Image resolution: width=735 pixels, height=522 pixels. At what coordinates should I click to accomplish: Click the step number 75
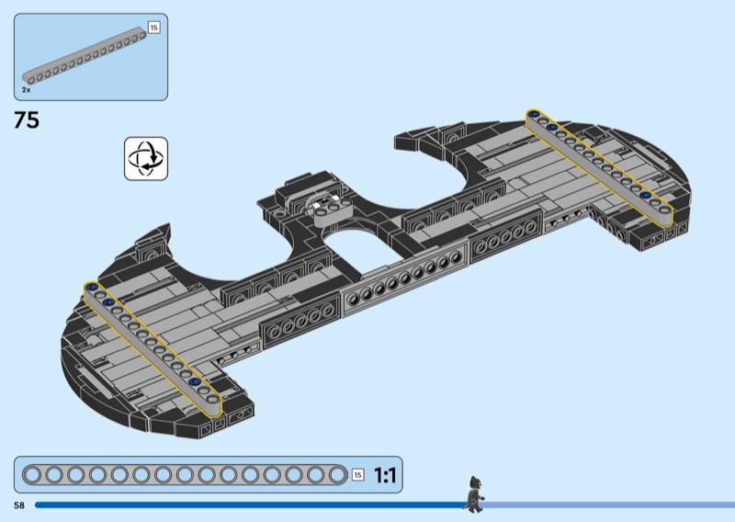pyautogui.click(x=27, y=120)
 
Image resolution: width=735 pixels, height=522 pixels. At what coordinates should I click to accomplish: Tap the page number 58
pyautogui.click(x=19, y=505)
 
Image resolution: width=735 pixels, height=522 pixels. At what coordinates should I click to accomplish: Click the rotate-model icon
pyautogui.click(x=146, y=158)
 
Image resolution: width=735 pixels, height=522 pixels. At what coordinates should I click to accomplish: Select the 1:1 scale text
pyautogui.click(x=385, y=475)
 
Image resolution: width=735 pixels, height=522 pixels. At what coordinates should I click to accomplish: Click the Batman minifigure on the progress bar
pyautogui.click(x=474, y=494)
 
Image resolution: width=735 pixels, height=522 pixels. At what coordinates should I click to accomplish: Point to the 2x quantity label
pyautogui.click(x=26, y=89)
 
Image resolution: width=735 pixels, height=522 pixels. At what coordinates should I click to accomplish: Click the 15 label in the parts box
pyautogui.click(x=153, y=28)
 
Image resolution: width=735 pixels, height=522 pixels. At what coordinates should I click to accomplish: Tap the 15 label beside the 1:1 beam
pyautogui.click(x=357, y=475)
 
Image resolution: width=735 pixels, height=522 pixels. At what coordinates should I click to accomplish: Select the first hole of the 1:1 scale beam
pyautogui.click(x=32, y=474)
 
